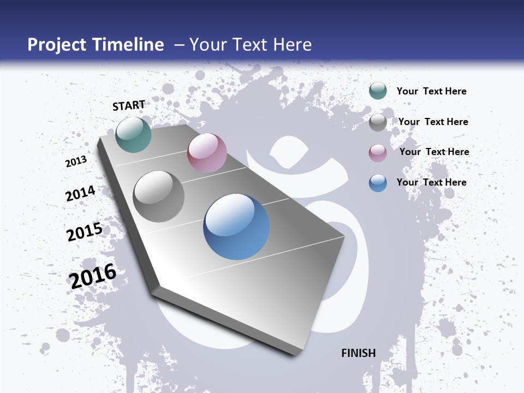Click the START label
[x=129, y=105]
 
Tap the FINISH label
[x=359, y=353]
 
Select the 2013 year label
[x=76, y=162]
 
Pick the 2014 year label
[x=81, y=194]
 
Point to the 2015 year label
[x=85, y=232]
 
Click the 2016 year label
[x=93, y=276]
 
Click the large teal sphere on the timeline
[x=134, y=134]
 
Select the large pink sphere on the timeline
[x=207, y=153]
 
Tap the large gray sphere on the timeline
[x=159, y=196]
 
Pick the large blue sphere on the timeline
[x=236, y=227]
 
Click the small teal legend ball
[x=378, y=91]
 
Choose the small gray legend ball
[x=378, y=122]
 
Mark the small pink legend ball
[x=378, y=153]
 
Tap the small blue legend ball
[x=378, y=183]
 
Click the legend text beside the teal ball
[x=431, y=91]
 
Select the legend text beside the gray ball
[x=433, y=122]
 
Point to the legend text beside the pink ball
[x=434, y=152]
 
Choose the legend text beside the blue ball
[x=431, y=182]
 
